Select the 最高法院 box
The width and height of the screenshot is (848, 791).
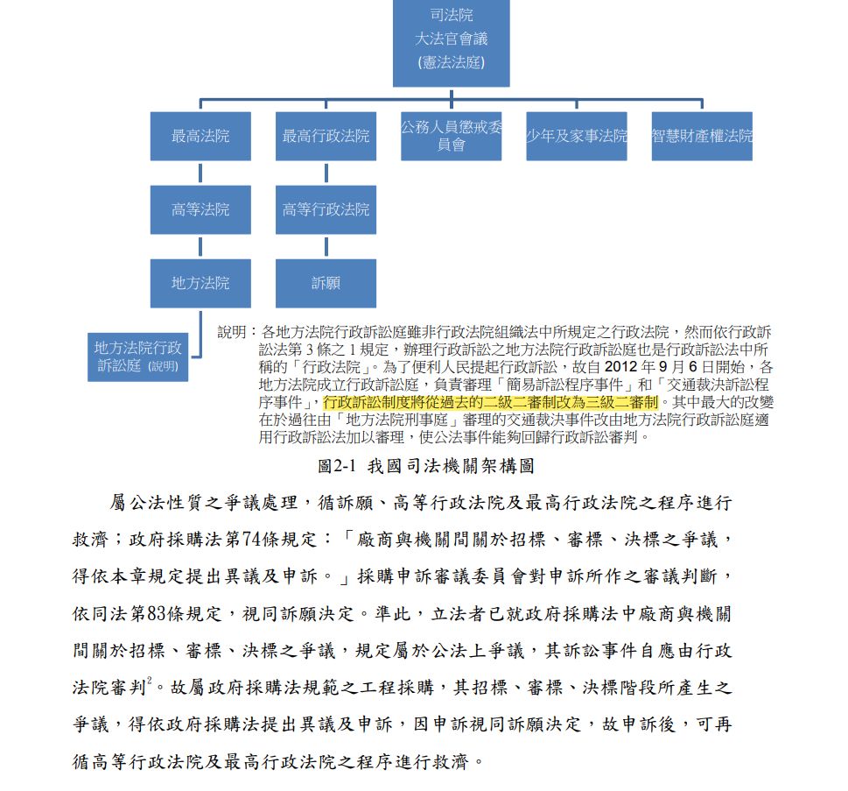click(200, 136)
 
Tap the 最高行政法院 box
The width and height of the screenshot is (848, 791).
click(326, 136)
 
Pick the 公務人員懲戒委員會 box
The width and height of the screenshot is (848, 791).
click(451, 136)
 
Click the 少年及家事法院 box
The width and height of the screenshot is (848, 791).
click(576, 136)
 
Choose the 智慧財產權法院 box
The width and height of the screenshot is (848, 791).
click(702, 136)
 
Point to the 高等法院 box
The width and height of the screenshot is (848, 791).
click(200, 209)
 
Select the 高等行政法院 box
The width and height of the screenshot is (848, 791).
click(326, 209)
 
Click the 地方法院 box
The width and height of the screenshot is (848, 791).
click(200, 283)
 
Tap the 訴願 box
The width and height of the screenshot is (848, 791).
click(326, 283)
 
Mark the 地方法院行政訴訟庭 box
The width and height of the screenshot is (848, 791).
click(137, 357)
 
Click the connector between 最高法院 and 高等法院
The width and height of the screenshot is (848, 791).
click(200, 173)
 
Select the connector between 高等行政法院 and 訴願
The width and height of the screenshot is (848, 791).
click(326, 246)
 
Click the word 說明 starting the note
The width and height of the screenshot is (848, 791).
click(232, 332)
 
